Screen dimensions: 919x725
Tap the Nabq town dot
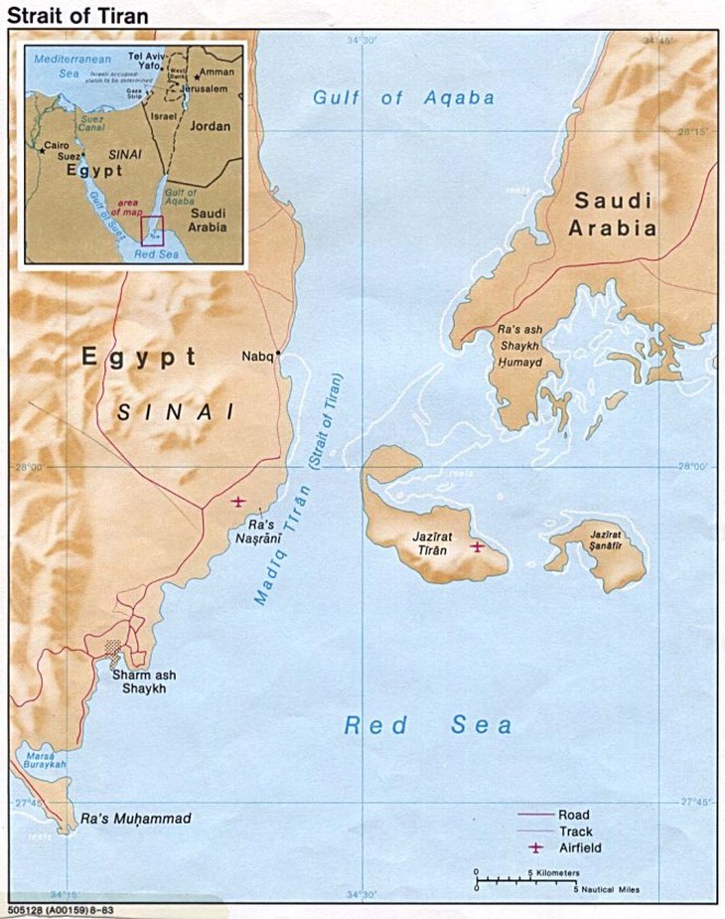279,355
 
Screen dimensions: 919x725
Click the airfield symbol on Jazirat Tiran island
478,545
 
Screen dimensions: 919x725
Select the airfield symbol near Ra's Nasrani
236,501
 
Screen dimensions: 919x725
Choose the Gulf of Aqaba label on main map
403,97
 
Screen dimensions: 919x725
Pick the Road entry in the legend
573,815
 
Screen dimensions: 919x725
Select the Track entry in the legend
576,832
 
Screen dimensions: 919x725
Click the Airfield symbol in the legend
536,848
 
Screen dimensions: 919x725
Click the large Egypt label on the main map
139,358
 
